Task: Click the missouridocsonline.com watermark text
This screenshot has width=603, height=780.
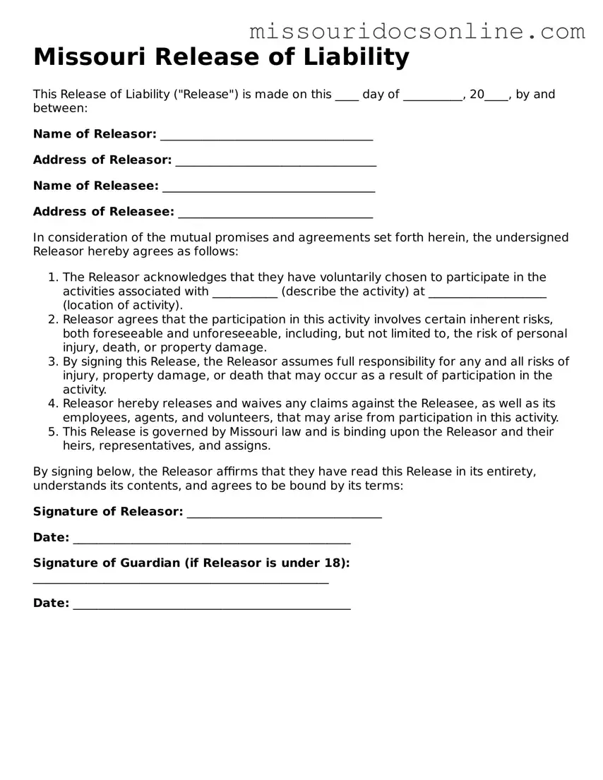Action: (417, 31)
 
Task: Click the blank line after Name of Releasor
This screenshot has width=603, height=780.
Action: (266, 135)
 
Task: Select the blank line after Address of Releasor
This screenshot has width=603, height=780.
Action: (275, 161)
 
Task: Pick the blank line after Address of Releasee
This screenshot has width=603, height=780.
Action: (275, 212)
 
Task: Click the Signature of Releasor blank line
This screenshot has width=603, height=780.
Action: (284, 512)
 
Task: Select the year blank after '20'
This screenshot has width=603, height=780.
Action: (496, 95)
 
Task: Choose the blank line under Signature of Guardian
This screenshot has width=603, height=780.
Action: (181, 582)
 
